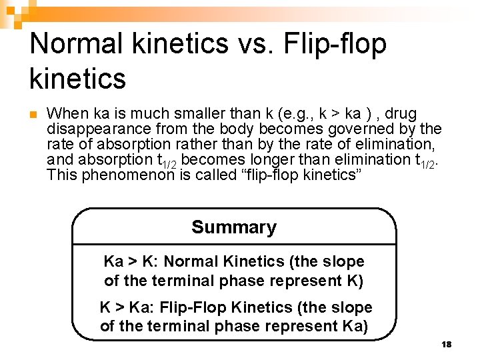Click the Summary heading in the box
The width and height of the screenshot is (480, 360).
tap(234, 227)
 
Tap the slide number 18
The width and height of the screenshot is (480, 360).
tap(447, 344)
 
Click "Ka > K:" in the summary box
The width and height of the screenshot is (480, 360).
tap(133, 262)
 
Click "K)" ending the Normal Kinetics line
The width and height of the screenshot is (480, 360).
tap(355, 281)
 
